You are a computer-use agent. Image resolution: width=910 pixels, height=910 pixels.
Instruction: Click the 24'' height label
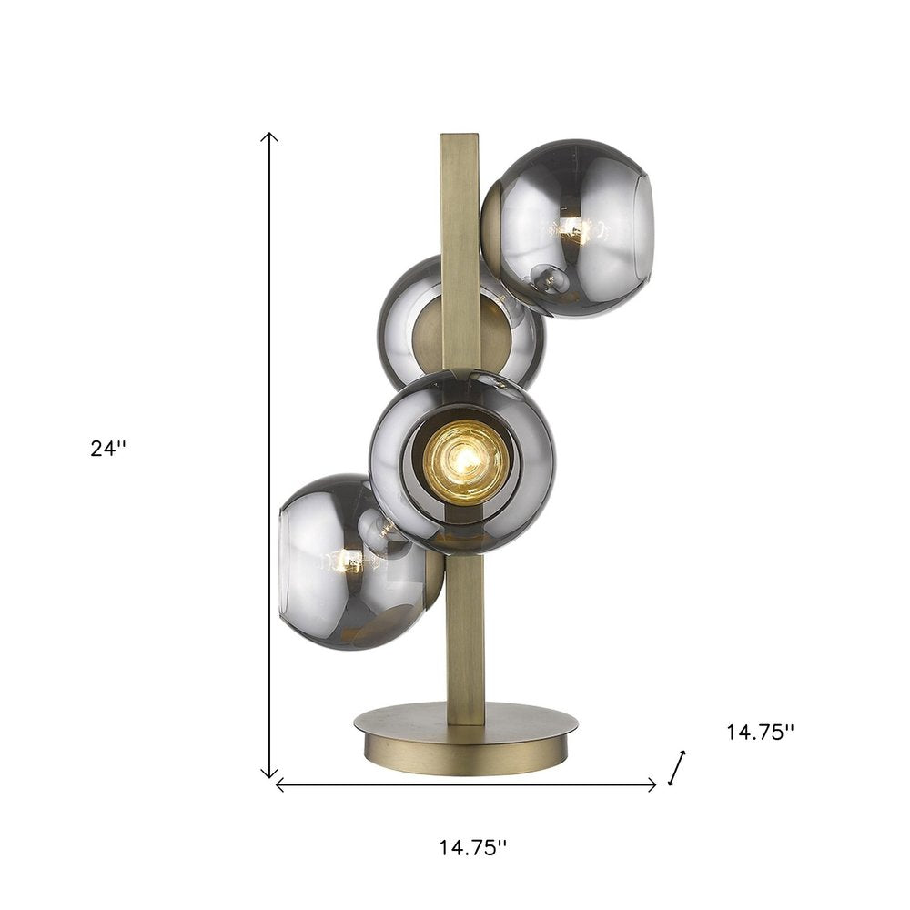(109, 449)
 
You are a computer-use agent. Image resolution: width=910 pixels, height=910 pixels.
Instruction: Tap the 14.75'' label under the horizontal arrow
(472, 847)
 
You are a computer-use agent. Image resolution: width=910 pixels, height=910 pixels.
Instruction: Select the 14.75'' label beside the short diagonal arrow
(760, 732)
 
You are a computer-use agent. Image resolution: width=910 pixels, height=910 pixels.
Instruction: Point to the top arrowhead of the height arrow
(268, 136)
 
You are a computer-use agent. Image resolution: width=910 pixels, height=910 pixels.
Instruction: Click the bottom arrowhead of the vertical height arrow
(268, 773)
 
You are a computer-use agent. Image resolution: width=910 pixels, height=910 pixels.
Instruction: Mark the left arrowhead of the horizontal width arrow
(279, 784)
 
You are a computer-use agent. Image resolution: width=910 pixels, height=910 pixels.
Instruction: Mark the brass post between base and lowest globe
(465, 637)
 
